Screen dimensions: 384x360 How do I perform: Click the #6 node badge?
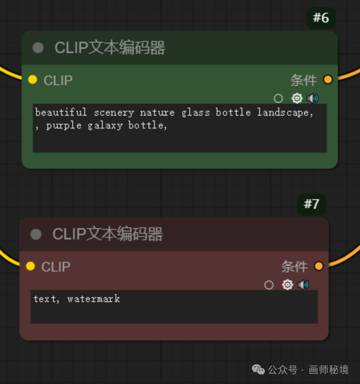pyautogui.click(x=320, y=18)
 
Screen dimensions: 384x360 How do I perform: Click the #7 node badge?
pyautogui.click(x=311, y=204)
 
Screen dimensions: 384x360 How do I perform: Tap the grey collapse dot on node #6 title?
pyautogui.click(x=38, y=48)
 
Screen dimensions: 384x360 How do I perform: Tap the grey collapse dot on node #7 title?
pyautogui.click(x=36, y=234)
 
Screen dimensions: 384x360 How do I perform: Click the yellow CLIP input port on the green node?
pyautogui.click(x=33, y=80)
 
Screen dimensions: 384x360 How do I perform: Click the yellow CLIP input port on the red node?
pyautogui.click(x=30, y=266)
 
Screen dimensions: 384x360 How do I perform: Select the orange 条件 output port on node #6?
pyautogui.click(x=328, y=80)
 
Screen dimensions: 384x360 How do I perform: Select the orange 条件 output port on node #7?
pyautogui.click(x=319, y=266)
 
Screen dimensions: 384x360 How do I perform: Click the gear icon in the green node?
pyautogui.click(x=297, y=98)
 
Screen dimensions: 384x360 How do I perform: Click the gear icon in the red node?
pyautogui.click(x=287, y=285)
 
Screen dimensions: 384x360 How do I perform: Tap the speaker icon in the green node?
pyautogui.click(x=313, y=98)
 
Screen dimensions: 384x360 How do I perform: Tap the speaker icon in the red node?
pyautogui.click(x=303, y=285)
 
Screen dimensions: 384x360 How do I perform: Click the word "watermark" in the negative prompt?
pyautogui.click(x=94, y=299)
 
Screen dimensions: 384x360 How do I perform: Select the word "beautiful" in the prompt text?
pyautogui.click(x=61, y=112)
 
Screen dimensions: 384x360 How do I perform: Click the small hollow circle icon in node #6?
pyautogui.click(x=278, y=98)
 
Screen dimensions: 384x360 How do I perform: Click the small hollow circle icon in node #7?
pyautogui.click(x=269, y=285)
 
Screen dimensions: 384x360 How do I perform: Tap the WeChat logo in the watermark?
pyautogui.click(x=258, y=370)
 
